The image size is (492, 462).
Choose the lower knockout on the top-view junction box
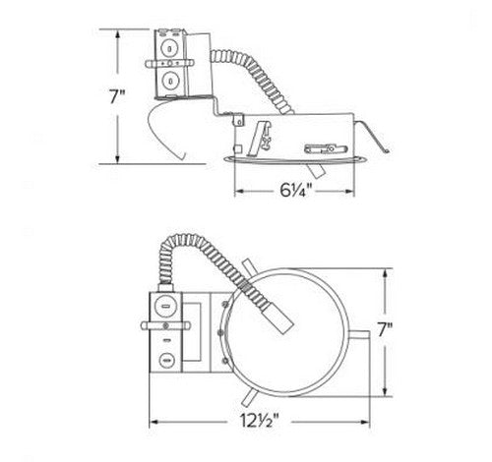(167, 360)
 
